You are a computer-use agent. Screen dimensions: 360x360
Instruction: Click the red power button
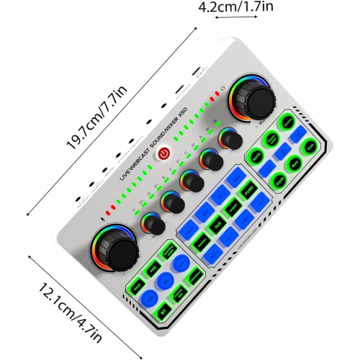pos(164,153)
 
